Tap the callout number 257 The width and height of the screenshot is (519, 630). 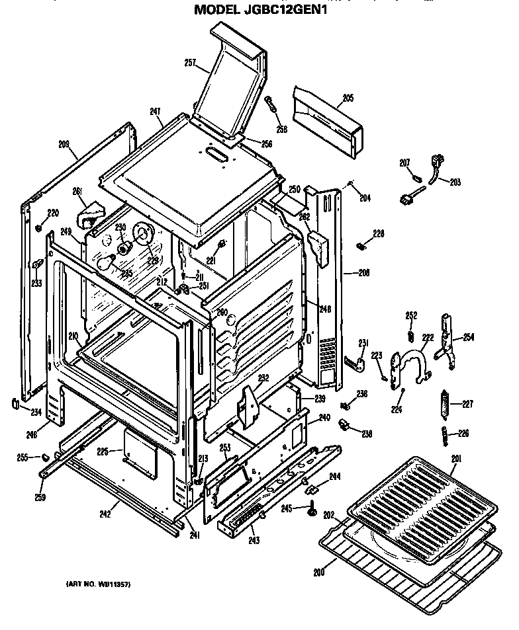191,63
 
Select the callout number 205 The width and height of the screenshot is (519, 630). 348,98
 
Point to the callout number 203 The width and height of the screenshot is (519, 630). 455,182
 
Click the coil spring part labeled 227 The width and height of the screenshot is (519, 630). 445,404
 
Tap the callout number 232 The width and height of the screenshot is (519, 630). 263,379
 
